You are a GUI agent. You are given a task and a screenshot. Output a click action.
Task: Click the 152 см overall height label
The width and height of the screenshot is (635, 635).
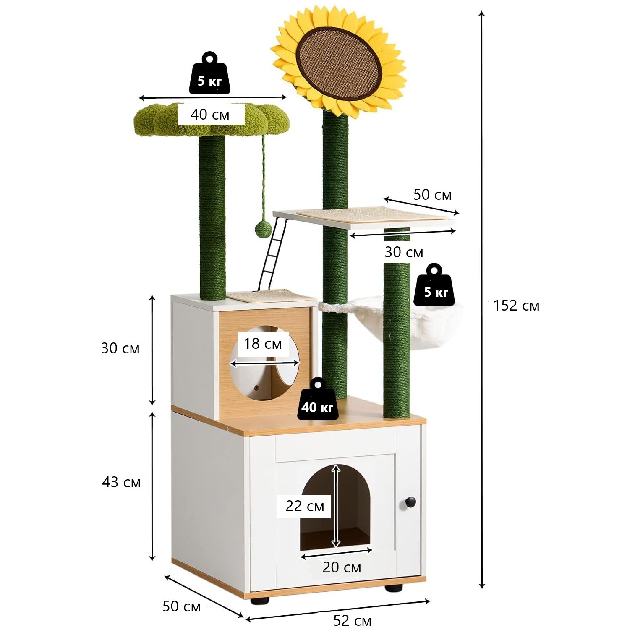point(516,306)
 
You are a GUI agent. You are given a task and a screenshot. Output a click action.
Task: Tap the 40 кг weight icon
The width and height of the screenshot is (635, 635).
point(317,402)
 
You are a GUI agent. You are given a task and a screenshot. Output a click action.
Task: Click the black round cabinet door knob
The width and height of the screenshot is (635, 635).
point(410,502)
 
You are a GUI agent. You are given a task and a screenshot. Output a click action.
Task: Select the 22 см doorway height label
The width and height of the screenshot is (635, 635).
point(305,506)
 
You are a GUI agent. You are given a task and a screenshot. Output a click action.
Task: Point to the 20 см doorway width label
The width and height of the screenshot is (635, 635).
point(342,567)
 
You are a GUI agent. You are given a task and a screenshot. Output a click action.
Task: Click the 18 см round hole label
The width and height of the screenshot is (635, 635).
point(263,344)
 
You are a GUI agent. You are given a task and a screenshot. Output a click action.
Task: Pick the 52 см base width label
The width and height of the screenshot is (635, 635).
point(352,621)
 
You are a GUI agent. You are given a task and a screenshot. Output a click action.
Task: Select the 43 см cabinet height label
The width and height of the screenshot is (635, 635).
point(121,482)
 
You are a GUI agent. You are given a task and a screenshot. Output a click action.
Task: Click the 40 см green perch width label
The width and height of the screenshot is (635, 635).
point(210,114)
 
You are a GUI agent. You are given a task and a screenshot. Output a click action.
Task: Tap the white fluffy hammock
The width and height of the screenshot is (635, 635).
point(432,323)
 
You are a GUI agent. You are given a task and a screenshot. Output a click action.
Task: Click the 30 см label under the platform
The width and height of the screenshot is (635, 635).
point(404,252)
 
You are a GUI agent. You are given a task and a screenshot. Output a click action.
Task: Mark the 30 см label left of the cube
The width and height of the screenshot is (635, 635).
point(120,348)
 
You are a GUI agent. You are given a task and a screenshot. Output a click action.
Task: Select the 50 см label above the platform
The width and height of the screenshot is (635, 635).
point(432,195)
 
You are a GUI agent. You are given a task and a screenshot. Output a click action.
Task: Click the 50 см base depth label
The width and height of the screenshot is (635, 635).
point(181,606)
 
